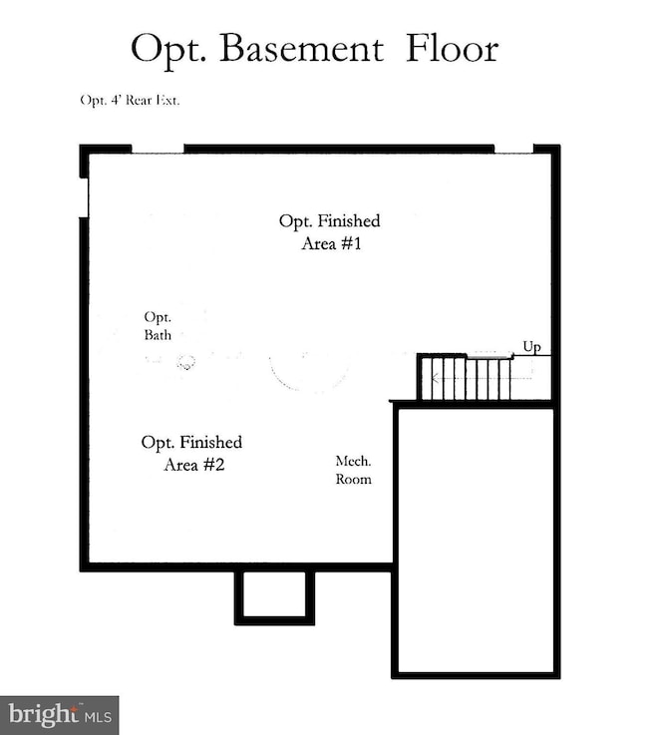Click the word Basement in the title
pos(301,48)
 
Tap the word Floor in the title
pos(452,48)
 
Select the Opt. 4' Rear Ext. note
pos(130,101)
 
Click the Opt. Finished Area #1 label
pos(330,232)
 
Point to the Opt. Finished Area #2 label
pos(191,454)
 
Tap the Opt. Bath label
pos(158,326)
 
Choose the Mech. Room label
pos(353,470)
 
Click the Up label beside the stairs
pos(531,347)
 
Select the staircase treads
pos(466,378)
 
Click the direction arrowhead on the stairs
pos(435,378)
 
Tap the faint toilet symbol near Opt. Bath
pos(186,362)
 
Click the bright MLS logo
pos(60,715)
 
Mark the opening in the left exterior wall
pos(84,197)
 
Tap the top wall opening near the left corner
pos(158,149)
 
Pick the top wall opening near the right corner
pos(514,149)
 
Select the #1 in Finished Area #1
pos(351,243)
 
